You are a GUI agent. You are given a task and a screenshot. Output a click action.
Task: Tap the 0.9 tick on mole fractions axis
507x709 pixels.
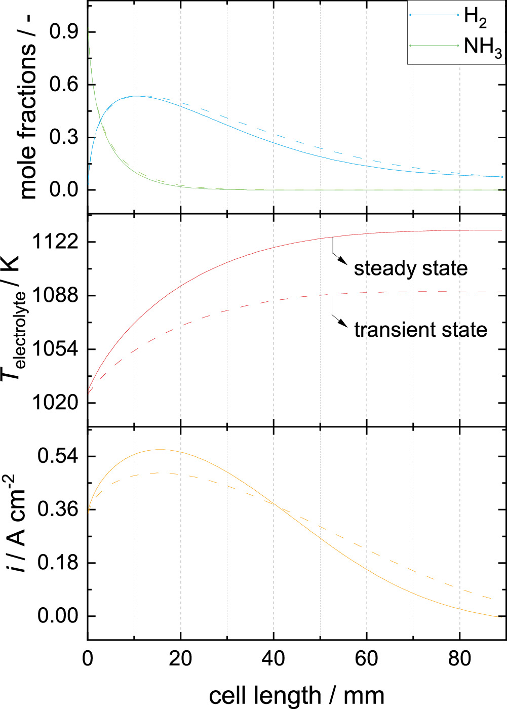tap(64, 32)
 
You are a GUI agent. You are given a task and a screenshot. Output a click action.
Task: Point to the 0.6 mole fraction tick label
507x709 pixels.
tap(64, 85)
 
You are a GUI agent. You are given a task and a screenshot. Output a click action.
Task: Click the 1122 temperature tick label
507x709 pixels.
tap(55, 242)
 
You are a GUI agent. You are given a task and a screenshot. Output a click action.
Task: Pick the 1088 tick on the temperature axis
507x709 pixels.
tap(55, 296)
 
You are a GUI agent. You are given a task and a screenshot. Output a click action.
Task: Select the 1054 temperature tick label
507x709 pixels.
tap(55, 349)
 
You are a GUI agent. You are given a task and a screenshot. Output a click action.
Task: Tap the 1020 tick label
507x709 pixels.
tap(55, 403)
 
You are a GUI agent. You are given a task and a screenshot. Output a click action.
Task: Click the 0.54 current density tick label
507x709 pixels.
tap(58, 456)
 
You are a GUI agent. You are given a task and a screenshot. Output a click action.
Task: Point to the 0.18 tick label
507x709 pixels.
tap(58, 563)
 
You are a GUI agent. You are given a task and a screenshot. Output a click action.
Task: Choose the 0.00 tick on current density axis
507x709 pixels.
tap(58, 616)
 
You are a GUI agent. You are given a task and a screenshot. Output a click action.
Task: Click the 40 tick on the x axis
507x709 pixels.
tap(274, 659)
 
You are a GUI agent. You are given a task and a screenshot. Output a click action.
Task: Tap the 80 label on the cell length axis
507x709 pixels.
tap(459, 659)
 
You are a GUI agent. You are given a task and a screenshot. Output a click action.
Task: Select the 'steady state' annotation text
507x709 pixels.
tap(411, 269)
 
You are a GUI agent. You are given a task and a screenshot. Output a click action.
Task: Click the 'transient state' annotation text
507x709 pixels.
tap(420, 330)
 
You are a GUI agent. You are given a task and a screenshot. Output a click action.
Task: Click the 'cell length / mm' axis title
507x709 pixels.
tap(296, 696)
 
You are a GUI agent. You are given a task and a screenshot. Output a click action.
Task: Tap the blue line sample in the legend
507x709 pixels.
tap(434, 15)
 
